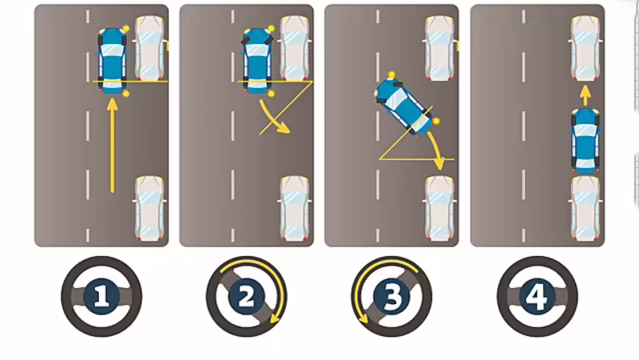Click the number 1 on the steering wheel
pos(101,296)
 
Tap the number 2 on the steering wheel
pos(247,297)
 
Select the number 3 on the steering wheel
pos(391,297)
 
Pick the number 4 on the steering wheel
pos(537,297)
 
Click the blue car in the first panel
pos(112,61)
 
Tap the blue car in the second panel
pos(257,61)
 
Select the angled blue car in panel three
pos(403,106)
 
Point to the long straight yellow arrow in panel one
pos(113,146)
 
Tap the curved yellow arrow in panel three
pos(436,150)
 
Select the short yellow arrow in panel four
pos(585,95)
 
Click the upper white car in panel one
pos(150,48)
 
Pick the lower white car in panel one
pos(149,208)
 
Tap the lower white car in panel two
pos(295,208)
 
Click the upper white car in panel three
pos(440,48)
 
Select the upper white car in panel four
pos(585,48)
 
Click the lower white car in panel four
pos(585,208)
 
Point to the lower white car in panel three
pos(440,208)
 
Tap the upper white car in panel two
pos(295,48)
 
